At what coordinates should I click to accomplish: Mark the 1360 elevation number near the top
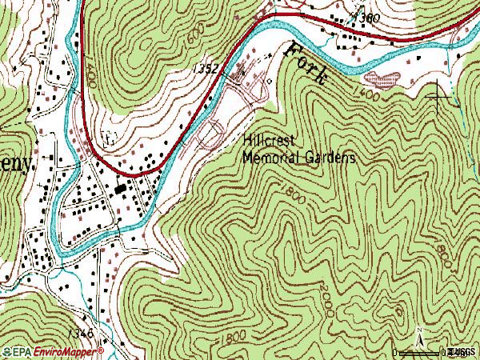click(x=369, y=17)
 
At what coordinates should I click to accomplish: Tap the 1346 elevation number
click(x=80, y=332)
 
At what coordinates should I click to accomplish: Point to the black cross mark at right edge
click(x=439, y=97)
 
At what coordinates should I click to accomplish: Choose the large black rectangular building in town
click(x=121, y=189)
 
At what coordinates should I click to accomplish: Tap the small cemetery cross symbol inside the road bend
click(x=110, y=137)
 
